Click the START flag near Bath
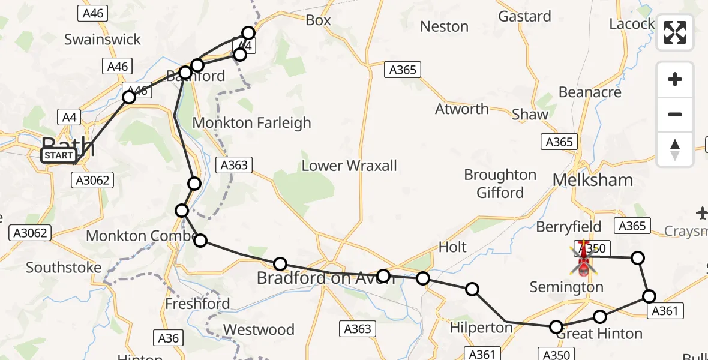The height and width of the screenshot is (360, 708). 58,155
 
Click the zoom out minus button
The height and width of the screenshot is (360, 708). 675,114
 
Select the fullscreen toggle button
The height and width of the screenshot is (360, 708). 675,32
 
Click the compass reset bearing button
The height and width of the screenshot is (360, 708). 675,149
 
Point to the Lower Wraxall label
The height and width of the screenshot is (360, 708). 349,166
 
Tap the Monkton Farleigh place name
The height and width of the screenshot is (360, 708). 251,123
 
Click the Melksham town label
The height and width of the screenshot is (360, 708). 592,180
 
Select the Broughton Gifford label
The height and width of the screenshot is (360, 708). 500,184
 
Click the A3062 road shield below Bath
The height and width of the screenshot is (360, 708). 92,179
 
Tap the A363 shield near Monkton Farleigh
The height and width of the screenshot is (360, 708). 233,164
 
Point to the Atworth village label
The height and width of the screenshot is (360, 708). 461,109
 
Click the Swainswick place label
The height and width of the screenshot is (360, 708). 103,40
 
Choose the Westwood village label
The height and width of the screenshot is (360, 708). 259,329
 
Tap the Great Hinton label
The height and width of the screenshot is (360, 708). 599,334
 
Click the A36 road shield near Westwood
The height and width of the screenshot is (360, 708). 168,338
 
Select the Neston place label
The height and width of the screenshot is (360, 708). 444,26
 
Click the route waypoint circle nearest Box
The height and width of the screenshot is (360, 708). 248,32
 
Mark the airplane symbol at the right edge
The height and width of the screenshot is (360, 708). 702,212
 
